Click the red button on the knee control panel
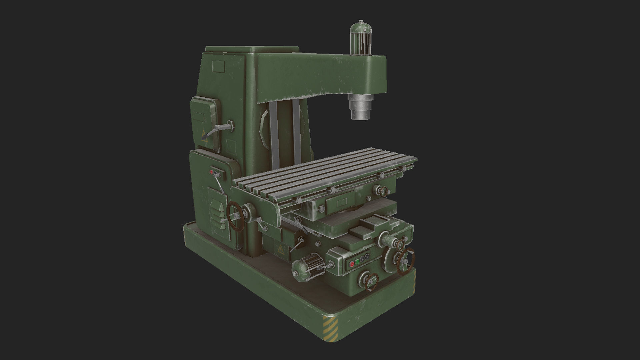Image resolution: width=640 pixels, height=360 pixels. [x=351, y=264]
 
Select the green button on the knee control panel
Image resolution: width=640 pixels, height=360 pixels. [x=357, y=262]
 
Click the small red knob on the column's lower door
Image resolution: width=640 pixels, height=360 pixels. [x=211, y=172]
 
